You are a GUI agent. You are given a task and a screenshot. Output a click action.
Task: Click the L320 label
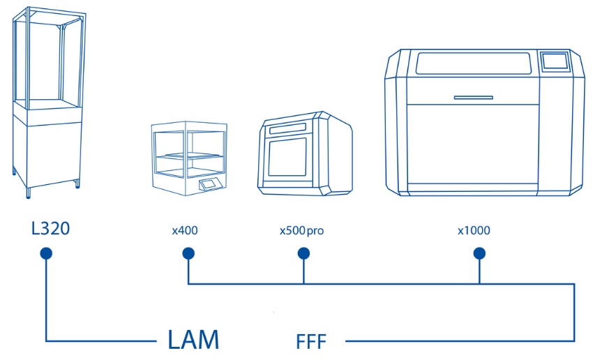[51, 228]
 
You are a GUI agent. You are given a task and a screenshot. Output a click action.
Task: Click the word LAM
[194, 340]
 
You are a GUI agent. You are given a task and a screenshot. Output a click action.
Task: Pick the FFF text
[311, 342]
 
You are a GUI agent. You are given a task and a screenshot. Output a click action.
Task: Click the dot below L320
[46, 255]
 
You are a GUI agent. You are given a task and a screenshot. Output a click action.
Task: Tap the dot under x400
[187, 255]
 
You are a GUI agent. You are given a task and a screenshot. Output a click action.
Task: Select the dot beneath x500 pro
[303, 255]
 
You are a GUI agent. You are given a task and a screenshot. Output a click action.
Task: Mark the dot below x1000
[479, 255]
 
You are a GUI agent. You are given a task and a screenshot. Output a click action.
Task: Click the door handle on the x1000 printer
[478, 96]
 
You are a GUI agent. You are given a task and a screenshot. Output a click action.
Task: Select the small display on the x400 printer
[209, 185]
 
